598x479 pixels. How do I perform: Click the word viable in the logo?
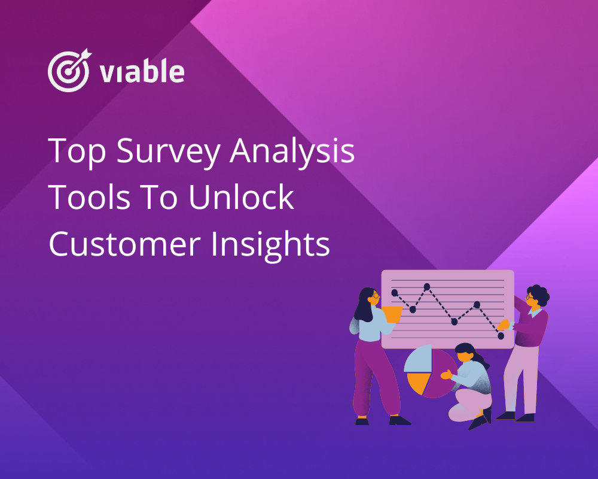coord(142,71)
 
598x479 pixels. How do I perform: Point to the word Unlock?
coord(242,197)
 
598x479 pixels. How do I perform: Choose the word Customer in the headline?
coord(125,244)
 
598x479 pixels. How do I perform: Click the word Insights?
coord(270,245)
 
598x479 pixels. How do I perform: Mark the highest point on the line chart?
coord(427,286)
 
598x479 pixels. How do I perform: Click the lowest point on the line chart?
coord(501,336)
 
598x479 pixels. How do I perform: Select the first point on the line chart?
coord(395,293)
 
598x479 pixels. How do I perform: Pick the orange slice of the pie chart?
coord(419,383)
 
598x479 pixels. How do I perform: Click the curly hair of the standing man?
coord(539,294)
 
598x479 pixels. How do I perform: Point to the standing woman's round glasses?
coord(375,295)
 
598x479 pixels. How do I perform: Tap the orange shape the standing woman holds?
coord(392,314)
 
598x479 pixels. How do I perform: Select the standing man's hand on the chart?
coord(504,325)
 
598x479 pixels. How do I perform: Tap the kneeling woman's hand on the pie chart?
coord(446,374)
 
